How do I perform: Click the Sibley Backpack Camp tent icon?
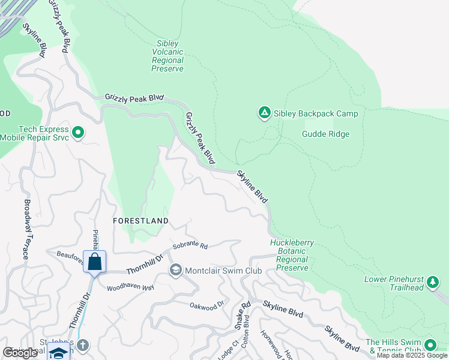pos(264,113)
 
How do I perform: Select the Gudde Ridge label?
pos(325,134)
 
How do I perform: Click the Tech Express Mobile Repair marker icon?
pos(77,132)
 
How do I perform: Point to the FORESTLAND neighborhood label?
pos(141,221)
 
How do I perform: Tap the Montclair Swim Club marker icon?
pos(176,271)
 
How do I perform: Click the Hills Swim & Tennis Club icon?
pos(430,345)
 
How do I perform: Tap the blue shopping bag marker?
pos(94,262)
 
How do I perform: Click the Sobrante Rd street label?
pos(190,246)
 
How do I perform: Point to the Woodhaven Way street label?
pos(130,287)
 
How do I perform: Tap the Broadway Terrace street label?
pos(26,229)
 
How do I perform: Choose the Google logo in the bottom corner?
pos(20,353)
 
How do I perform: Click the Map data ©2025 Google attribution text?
pos(412,355)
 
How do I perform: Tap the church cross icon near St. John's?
pos(83,345)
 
